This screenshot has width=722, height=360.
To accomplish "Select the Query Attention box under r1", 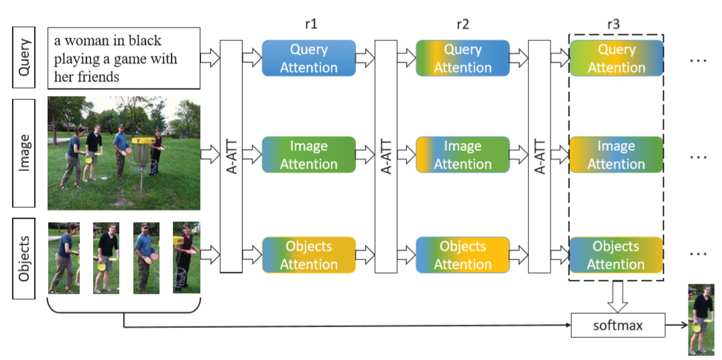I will (x=308, y=58).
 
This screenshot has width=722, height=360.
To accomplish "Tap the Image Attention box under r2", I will (x=463, y=155).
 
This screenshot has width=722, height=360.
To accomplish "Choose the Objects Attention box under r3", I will (x=616, y=255).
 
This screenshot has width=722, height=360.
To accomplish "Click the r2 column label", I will (x=463, y=25).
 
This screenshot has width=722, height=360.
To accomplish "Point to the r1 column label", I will (x=310, y=25).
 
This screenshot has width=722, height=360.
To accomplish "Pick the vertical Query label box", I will (x=25, y=58).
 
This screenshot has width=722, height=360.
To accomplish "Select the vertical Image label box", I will (x=25, y=154).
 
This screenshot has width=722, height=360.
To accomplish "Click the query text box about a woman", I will (x=125, y=58).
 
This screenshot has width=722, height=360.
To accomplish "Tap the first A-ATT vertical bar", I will (x=231, y=156).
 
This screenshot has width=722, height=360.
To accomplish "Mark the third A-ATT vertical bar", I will (x=539, y=156).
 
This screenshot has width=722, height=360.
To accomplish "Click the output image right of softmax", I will (x=701, y=319).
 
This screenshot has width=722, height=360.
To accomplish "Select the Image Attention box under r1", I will (x=308, y=155).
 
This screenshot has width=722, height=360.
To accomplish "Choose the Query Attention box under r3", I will (x=616, y=58).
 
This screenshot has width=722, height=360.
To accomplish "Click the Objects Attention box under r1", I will (x=308, y=255).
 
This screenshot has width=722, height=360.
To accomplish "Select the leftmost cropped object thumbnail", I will (x=64, y=258).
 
